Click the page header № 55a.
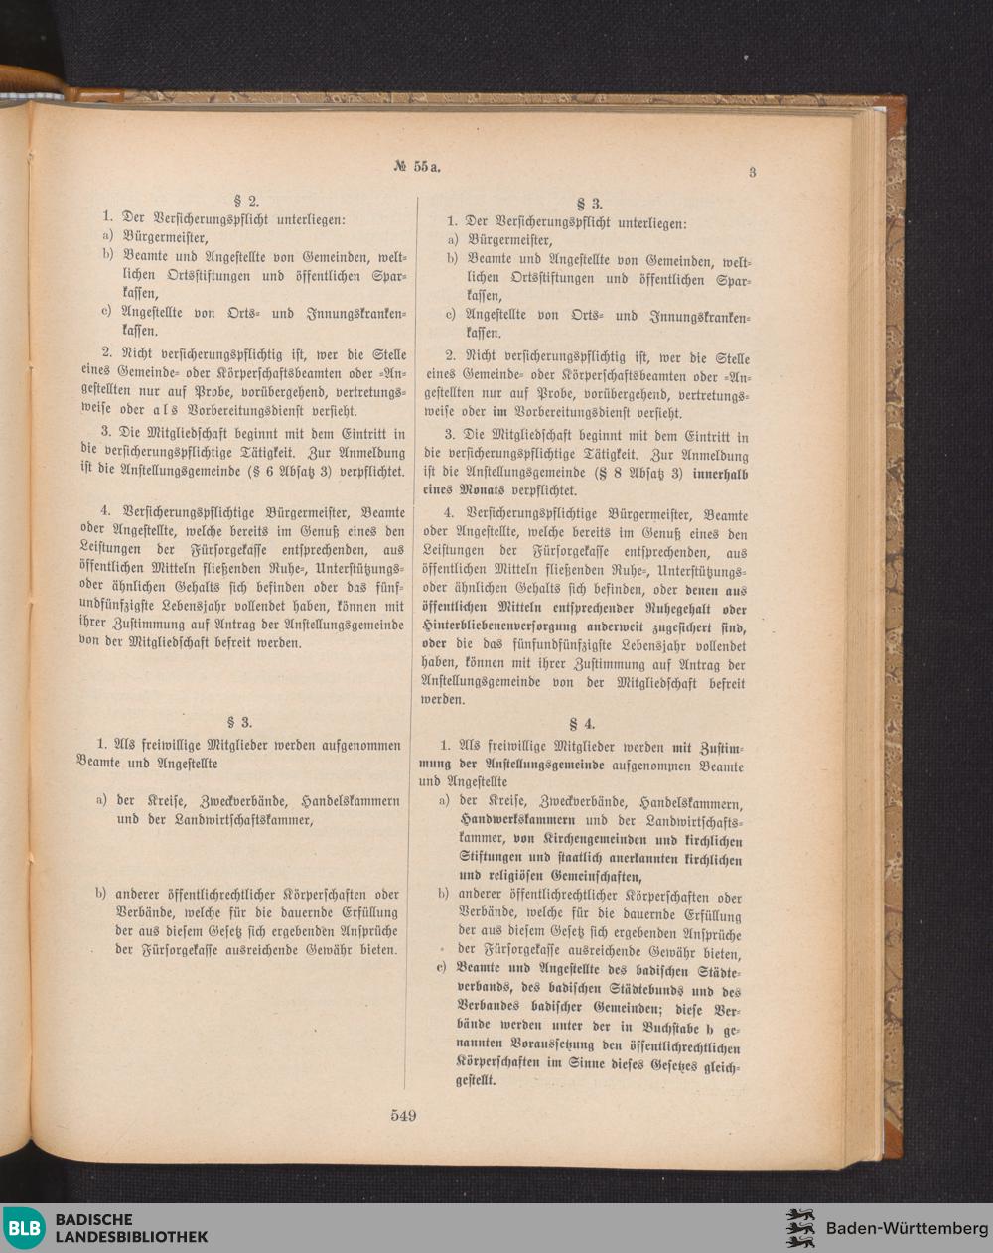tap(415, 166)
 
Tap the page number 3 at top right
tap(752, 172)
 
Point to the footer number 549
tap(403, 1115)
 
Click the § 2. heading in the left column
tap(245, 199)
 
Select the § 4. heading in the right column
tap(581, 724)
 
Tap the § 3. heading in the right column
tap(590, 204)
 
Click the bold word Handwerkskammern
tap(516, 820)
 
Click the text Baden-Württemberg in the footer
tap(907, 1228)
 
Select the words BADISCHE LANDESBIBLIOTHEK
tap(131, 1228)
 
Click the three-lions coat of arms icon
tap(800, 1228)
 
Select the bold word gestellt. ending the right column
tap(476, 1081)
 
